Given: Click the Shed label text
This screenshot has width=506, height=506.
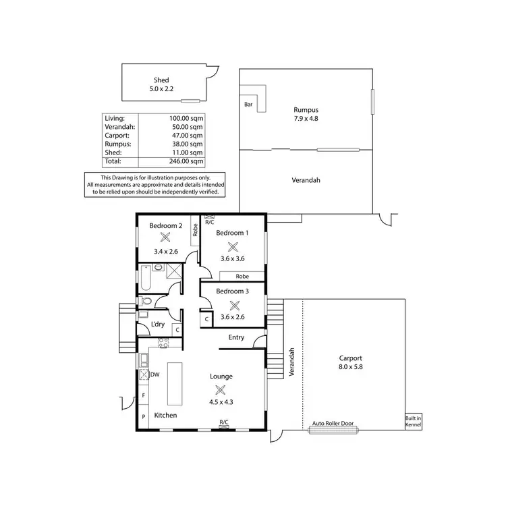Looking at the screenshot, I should tap(161, 80).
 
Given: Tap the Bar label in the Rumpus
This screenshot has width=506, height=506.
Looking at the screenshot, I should tap(248, 105).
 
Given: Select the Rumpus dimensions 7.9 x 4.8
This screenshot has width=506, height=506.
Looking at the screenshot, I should tap(306, 119).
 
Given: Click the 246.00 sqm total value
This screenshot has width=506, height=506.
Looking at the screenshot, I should tap(187, 161).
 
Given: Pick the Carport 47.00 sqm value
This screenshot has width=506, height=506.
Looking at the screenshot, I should tap(188, 135).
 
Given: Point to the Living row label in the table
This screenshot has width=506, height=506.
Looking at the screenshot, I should tap(115, 118).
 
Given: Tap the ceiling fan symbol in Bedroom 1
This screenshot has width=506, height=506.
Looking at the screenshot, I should tap(232, 247).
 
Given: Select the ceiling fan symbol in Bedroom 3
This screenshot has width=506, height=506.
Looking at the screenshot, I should tap(234, 304).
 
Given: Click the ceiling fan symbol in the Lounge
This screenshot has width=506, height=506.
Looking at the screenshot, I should tap(220, 389).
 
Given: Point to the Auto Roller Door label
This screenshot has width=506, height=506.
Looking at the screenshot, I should tap(332, 424).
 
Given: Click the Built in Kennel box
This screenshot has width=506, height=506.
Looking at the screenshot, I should tap(413, 421).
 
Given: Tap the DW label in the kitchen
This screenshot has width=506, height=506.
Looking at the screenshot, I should tap(154, 374).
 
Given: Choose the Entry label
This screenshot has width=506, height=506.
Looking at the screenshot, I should tap(236, 338).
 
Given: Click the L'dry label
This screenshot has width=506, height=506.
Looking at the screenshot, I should tap(158, 325).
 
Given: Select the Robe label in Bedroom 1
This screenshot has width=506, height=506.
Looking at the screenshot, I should tap(242, 277).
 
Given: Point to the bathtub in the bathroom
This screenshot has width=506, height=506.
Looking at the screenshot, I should tap(144, 277).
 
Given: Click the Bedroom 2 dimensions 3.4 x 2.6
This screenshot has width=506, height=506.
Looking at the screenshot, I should tap(165, 252).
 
